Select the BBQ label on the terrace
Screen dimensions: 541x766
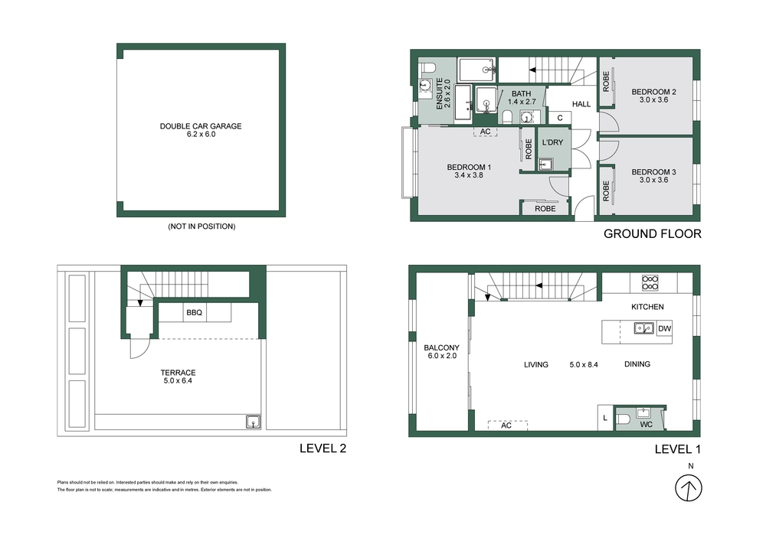[x=194, y=313]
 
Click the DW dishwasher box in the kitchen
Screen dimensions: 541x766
[x=664, y=328]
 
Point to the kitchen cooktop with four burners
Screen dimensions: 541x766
[x=650, y=283]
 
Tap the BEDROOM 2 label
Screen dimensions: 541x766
[x=653, y=92]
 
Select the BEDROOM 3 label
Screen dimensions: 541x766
[x=653, y=172]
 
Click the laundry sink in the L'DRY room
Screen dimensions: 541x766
[x=545, y=164]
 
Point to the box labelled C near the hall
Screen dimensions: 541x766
[x=560, y=118]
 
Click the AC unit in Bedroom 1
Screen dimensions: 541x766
[x=485, y=132]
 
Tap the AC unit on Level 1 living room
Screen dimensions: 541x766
[x=506, y=425]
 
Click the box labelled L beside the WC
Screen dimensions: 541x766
[x=605, y=417]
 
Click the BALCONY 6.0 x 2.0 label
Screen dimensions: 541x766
[x=441, y=351]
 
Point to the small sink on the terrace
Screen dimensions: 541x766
[x=253, y=421]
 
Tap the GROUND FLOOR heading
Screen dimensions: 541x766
[x=652, y=234]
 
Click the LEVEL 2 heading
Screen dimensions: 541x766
[x=322, y=449]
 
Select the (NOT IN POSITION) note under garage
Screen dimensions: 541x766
[x=201, y=227]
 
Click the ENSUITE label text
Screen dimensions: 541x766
[x=440, y=94]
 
